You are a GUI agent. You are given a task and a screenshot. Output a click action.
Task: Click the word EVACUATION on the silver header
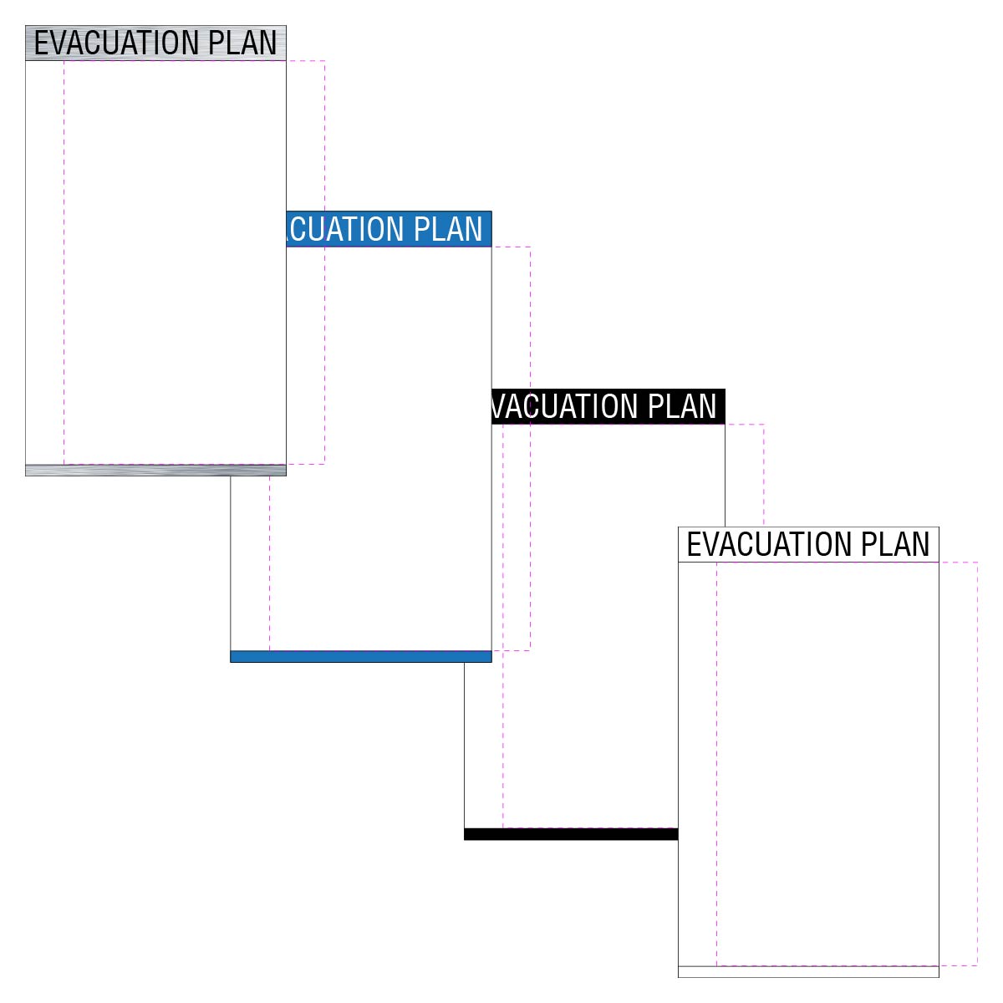116,43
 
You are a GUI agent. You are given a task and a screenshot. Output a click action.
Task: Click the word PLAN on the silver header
242,43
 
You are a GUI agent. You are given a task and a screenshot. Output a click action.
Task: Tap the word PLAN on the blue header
448,229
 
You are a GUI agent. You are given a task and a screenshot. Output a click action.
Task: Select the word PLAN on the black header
682,406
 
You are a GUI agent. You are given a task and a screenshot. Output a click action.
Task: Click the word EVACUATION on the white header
769,544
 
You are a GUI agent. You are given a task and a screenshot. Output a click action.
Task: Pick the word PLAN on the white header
895,544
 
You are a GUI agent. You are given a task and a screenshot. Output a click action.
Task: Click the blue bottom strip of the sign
361,656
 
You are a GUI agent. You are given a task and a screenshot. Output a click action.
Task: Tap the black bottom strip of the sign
571,834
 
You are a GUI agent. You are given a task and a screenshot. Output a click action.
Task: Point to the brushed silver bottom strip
155,470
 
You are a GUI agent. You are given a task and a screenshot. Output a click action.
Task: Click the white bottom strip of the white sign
808,972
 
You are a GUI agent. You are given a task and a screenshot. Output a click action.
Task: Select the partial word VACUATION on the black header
565,406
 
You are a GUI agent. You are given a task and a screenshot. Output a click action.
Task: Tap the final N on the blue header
475,229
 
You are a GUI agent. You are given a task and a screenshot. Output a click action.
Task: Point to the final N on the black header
709,406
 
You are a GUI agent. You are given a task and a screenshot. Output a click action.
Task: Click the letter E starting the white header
693,544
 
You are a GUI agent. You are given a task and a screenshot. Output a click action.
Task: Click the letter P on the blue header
421,229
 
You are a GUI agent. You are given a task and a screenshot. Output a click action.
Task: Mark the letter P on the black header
655,406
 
